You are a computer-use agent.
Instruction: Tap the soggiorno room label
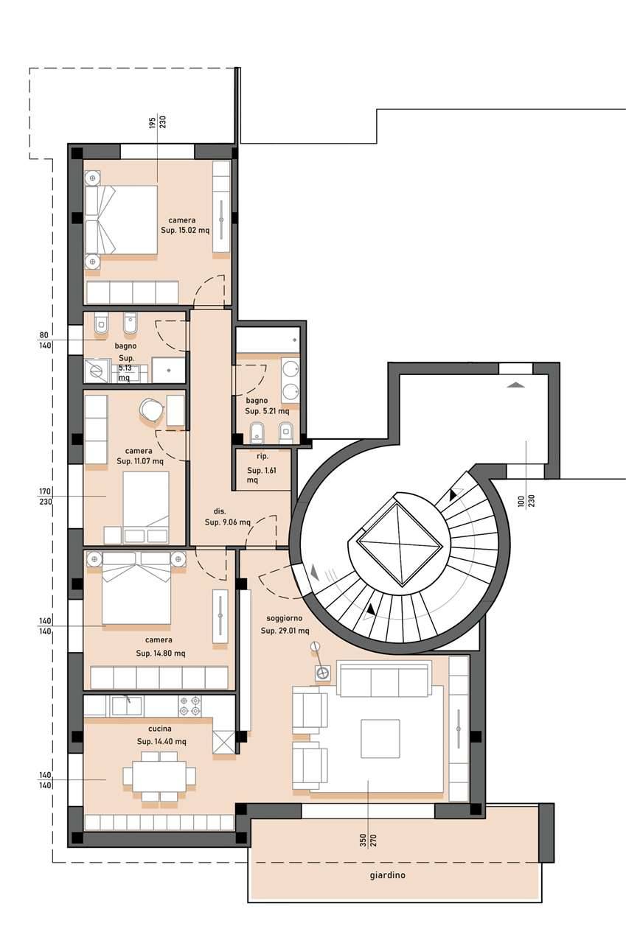[x=285, y=618]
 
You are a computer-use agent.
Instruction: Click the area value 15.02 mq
[x=194, y=231]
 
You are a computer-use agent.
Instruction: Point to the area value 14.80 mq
[x=170, y=653]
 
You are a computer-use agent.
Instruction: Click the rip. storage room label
[x=262, y=456]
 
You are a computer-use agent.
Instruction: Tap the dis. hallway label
[x=220, y=511]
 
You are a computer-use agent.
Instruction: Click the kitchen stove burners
[x=189, y=706]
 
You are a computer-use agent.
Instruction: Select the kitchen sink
[x=126, y=705]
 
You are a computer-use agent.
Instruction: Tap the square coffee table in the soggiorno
[x=380, y=739]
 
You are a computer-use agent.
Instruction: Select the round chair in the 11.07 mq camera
[x=151, y=409]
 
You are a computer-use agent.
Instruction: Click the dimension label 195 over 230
[x=158, y=122]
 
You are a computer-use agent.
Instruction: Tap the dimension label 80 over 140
[x=45, y=340]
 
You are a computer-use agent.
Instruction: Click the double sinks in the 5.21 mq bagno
[x=290, y=380]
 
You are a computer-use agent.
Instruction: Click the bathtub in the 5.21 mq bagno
[x=268, y=340]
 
